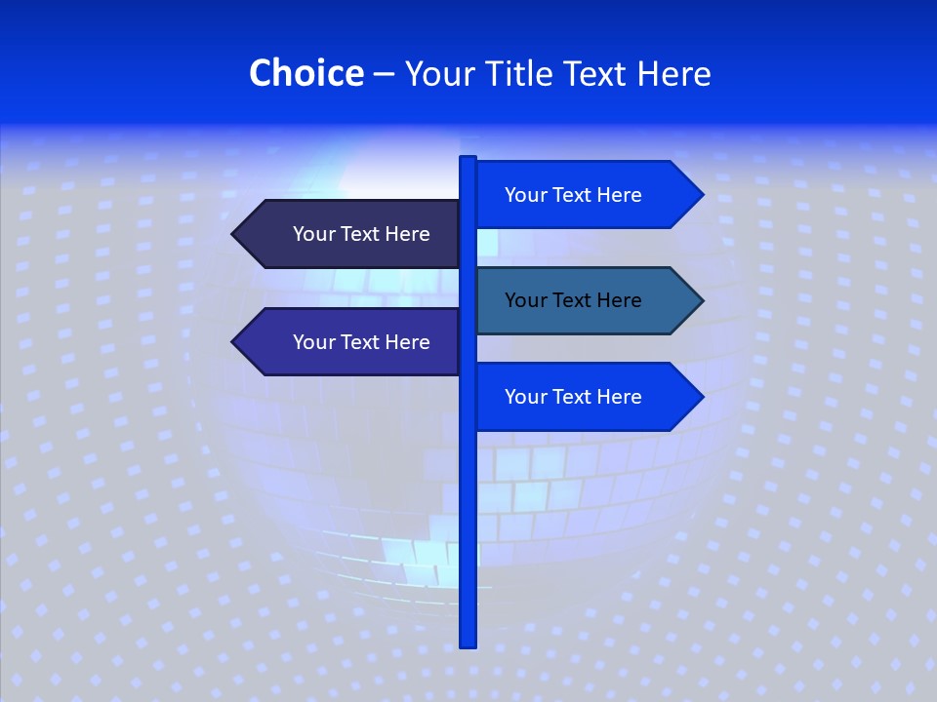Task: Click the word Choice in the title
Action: (306, 73)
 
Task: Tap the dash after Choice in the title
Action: (384, 74)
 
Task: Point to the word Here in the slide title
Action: (673, 73)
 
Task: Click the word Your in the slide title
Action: (439, 73)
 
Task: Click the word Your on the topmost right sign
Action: (525, 195)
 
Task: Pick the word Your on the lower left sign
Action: (313, 342)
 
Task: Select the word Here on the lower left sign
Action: (406, 342)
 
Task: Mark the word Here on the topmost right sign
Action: (618, 195)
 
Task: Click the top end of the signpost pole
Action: (468, 159)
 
